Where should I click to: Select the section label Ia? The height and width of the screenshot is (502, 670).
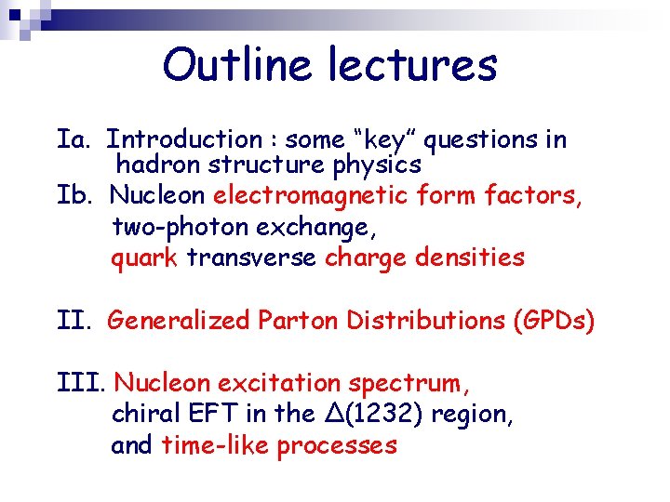point(73,139)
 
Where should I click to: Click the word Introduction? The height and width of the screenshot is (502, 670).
point(185,139)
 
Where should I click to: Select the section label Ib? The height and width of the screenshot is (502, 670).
point(74,195)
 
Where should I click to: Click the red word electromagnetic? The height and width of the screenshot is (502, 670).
point(311,195)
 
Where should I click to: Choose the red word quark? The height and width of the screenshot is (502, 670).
point(144,258)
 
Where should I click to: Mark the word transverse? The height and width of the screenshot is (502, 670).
point(251,258)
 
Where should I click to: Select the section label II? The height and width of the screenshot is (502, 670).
point(74,321)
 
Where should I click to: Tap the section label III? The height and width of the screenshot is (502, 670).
point(81,383)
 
